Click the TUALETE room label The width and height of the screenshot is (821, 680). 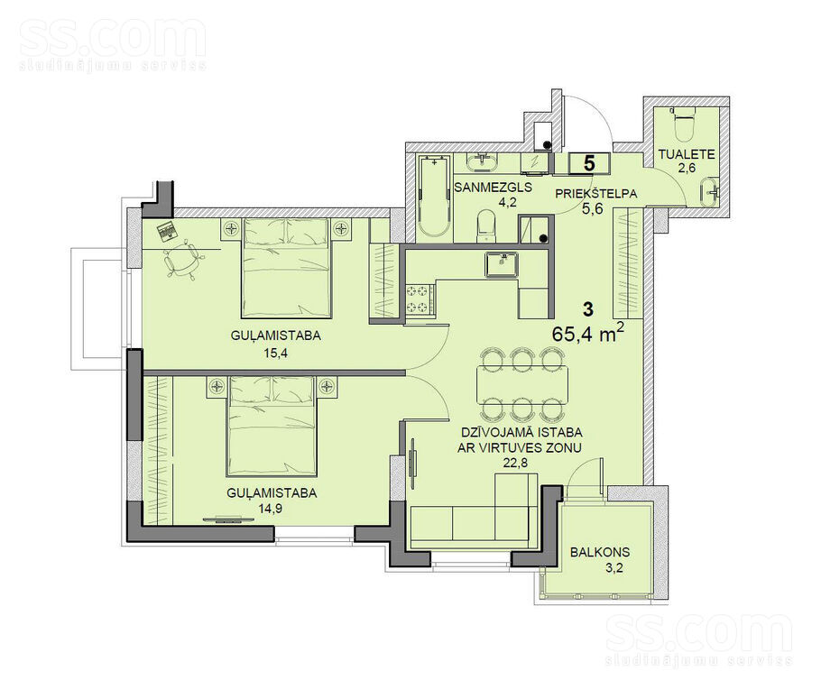pos(687,154)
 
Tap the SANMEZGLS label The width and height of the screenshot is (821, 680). pos(494,187)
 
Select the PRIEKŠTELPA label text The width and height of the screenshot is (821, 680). pos(595,194)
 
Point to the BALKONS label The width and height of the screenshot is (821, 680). pos(600,552)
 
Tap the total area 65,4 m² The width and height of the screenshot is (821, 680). pos(587,334)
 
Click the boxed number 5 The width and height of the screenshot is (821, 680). pos(588,163)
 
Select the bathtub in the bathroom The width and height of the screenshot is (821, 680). pos(434,198)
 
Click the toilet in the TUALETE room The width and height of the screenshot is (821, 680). pos(685,124)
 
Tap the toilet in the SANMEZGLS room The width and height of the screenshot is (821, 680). pos(486,225)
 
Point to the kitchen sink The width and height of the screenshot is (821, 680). pos(503,264)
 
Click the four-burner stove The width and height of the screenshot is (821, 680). pos(419,299)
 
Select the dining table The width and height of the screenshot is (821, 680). pos(522,385)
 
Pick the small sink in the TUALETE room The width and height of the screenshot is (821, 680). pos(710,192)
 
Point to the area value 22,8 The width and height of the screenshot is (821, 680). pos(522,463)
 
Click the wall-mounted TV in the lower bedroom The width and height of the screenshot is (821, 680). pos(227,519)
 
